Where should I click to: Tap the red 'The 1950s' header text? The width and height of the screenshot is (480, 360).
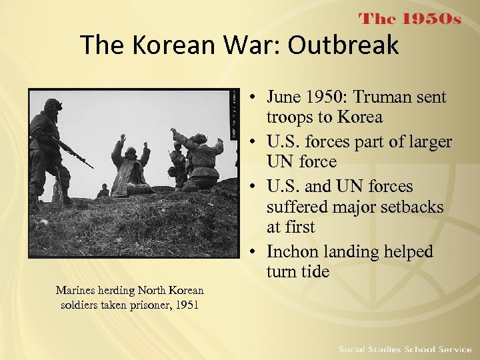point(410,18)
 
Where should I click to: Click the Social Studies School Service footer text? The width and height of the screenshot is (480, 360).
point(405,349)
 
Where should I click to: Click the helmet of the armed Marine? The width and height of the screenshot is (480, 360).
point(53,105)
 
